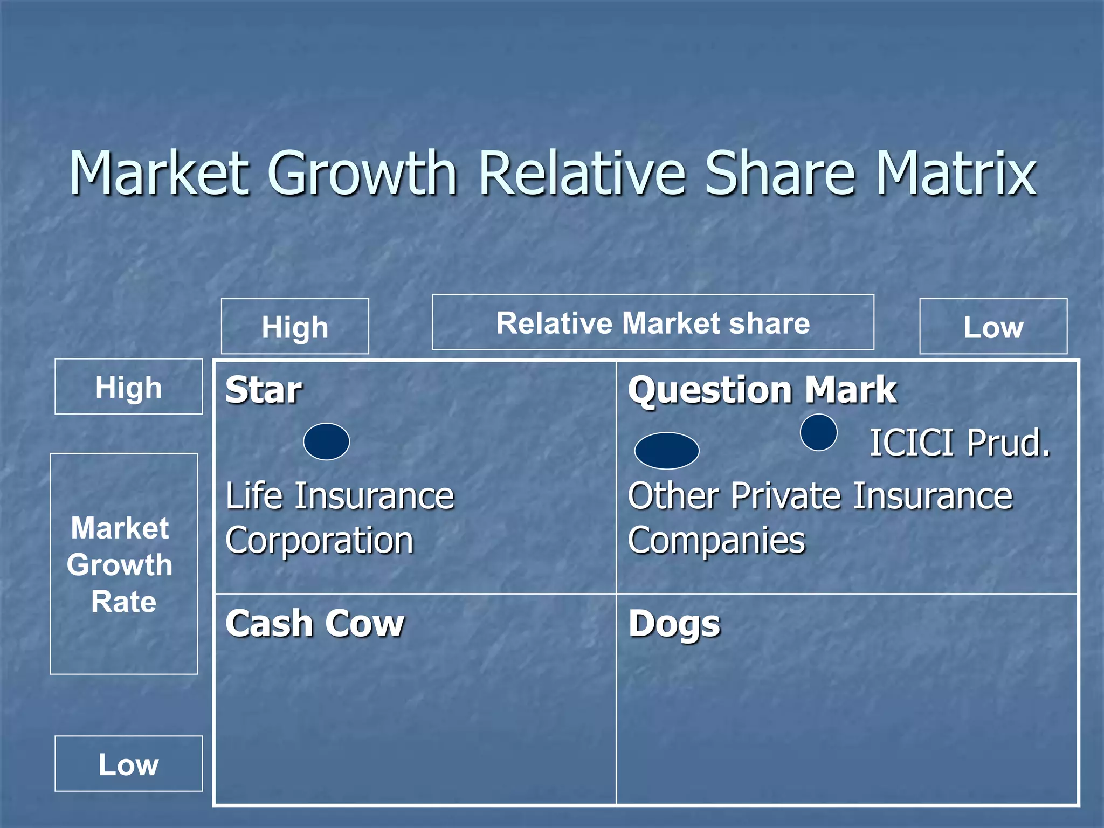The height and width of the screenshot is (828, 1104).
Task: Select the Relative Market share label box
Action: tap(653, 322)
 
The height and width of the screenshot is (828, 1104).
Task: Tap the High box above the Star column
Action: tap(295, 327)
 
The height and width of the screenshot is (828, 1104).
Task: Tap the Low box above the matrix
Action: tap(993, 327)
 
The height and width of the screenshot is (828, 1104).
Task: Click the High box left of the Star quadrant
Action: tap(128, 387)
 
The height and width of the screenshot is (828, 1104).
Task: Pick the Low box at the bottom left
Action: tap(128, 763)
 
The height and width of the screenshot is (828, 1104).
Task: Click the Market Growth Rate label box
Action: tap(123, 564)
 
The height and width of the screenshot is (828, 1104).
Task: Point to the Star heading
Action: tap(264, 390)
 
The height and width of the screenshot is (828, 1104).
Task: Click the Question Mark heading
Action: tap(762, 390)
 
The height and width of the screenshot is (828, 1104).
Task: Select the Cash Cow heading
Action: tap(315, 624)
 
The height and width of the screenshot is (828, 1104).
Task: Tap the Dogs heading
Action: tap(674, 624)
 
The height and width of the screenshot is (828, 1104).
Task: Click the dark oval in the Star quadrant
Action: tap(326, 441)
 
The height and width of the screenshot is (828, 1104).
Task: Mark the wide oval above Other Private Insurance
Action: tap(667, 451)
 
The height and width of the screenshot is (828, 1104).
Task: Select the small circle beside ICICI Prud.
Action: tap(818, 432)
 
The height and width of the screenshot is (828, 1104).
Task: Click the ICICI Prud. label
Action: tap(960, 443)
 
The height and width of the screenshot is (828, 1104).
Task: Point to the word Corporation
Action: tap(319, 541)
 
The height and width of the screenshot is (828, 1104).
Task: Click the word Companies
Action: tap(716, 541)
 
